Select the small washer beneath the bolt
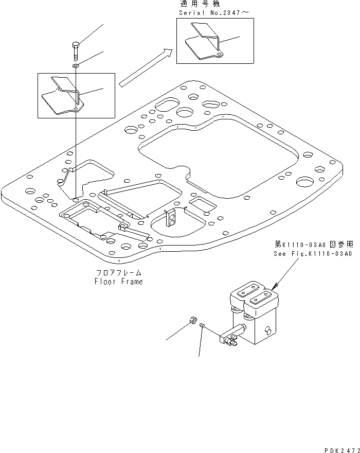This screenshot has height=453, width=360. tap(76, 66)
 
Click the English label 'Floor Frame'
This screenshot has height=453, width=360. tap(119, 282)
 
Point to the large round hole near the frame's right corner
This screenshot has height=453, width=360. tap(304, 181)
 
